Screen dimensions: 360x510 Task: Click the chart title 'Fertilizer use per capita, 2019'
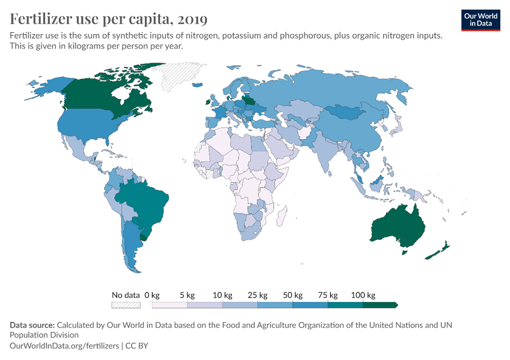pos(109,19)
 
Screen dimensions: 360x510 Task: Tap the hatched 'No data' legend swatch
pos(126,305)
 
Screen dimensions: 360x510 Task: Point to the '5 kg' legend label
pos(187,295)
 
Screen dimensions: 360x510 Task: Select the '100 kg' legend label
pos(363,295)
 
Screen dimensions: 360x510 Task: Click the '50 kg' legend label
pos(293,295)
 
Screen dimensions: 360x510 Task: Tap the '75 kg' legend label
pos(328,295)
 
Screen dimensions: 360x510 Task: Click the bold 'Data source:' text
pos(32,325)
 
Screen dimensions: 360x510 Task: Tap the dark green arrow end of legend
pos(394,305)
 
